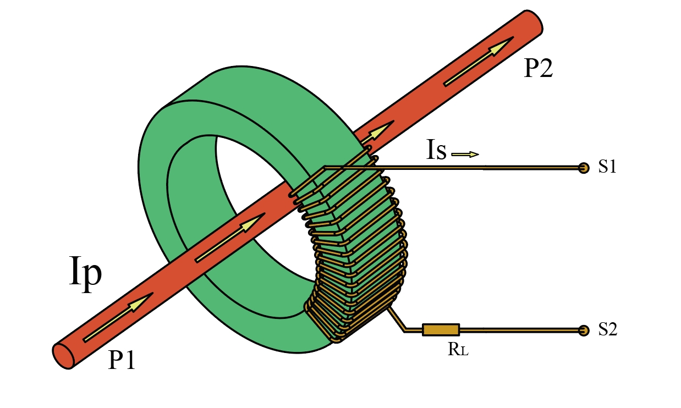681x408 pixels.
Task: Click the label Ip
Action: click(86, 272)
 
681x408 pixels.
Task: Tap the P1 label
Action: click(122, 360)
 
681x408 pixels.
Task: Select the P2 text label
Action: click(537, 69)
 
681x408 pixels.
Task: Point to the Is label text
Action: click(436, 150)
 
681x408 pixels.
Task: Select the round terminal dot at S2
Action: click(583, 330)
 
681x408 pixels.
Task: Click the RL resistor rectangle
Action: click(441, 330)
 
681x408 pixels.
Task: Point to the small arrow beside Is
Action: click(465, 155)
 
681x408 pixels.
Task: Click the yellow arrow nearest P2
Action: click(479, 61)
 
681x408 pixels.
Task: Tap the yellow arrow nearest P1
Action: click(118, 317)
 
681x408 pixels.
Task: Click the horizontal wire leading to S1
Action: click(484, 168)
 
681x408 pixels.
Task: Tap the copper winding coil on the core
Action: click(358, 247)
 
